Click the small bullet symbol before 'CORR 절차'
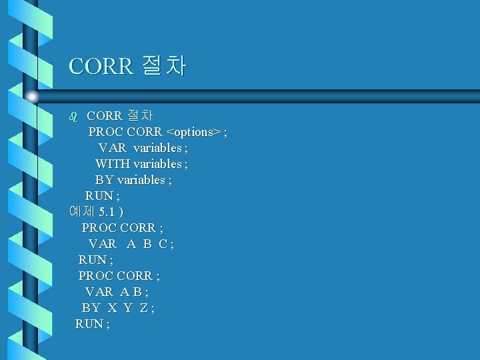click(74, 116)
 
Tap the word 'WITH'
click(113, 164)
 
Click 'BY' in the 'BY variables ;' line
click(105, 180)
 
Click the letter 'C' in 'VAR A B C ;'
click(163, 244)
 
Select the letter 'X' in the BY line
click(112, 308)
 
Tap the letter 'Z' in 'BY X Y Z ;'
click(144, 308)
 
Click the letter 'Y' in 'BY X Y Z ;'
click(128, 308)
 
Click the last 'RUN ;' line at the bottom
click(93, 324)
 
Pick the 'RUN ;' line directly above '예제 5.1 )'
click(103, 196)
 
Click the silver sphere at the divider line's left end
click(32, 97)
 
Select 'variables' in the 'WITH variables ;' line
click(157, 164)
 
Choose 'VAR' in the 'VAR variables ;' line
click(112, 148)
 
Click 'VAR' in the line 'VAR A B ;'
click(99, 292)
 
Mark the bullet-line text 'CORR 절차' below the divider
click(120, 116)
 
